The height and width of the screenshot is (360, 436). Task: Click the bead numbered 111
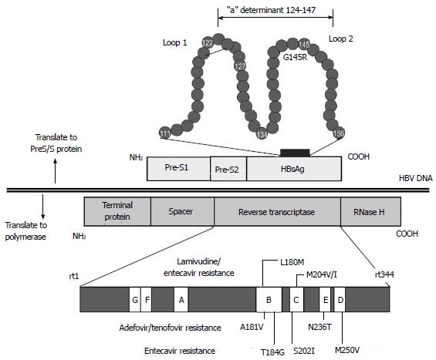(164, 133)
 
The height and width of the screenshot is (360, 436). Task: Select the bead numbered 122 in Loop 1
(208, 42)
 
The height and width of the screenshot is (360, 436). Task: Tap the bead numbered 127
(240, 66)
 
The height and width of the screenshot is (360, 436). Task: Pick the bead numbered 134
(262, 133)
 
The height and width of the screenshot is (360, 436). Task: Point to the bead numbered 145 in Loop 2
(303, 44)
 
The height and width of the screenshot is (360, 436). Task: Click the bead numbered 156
(339, 133)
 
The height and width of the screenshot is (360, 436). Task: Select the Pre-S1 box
(178, 169)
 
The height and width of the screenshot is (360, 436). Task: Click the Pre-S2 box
(228, 169)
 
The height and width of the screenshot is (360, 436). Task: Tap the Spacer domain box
(182, 211)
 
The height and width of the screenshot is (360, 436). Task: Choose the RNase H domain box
(370, 211)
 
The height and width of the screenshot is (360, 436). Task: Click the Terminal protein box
(117, 211)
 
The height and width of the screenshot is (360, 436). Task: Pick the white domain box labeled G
(135, 299)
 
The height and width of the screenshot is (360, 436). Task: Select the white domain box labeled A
(181, 299)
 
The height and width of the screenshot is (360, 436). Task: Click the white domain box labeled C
(296, 299)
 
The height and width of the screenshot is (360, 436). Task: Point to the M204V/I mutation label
(322, 274)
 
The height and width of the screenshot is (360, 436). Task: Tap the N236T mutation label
(319, 327)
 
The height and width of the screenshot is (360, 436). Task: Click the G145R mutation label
(295, 57)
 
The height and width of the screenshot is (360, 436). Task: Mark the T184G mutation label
(272, 352)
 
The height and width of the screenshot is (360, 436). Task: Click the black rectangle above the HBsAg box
(295, 153)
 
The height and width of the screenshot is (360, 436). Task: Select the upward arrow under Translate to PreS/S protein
(55, 171)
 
